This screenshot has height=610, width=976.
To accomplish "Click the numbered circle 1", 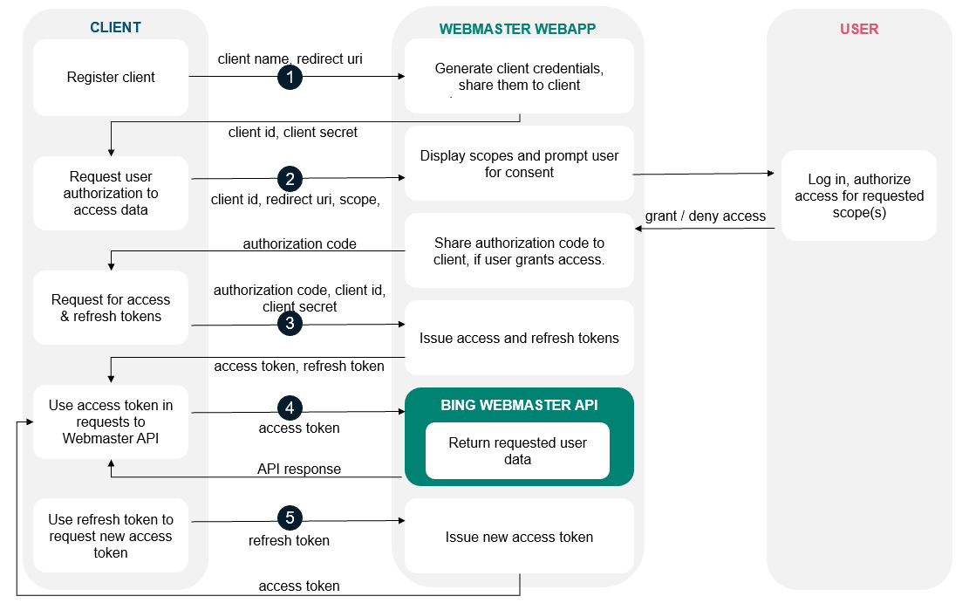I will point(290,78).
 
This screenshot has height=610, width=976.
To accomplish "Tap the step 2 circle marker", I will point(290,179).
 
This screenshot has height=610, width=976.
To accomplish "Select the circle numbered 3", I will point(290,324).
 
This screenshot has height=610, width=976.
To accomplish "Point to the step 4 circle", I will point(290,408).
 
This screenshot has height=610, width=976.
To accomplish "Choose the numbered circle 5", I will point(290,518).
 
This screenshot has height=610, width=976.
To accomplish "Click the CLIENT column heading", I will point(115,28).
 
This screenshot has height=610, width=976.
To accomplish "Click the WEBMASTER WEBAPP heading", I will point(517,29).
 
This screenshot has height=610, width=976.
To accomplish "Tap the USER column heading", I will point(859,29).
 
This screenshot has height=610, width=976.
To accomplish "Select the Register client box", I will point(111,78).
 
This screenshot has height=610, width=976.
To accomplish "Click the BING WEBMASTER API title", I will point(519,405).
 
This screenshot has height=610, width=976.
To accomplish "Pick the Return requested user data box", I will point(517,450).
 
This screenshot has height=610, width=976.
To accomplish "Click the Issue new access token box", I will point(519,537).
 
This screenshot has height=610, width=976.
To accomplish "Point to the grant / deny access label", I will point(705,216).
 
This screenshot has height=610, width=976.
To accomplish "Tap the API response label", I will point(299,469).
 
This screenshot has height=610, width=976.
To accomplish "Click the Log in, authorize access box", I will point(858,195).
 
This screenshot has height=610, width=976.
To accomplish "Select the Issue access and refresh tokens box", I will point(519,338).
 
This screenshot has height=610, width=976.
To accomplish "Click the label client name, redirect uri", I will point(290,58).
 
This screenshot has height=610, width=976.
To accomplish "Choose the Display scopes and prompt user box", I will point(519,164).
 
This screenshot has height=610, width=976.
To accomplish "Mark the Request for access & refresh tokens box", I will point(111,308).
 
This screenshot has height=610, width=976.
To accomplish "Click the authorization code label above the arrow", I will point(299,243).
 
